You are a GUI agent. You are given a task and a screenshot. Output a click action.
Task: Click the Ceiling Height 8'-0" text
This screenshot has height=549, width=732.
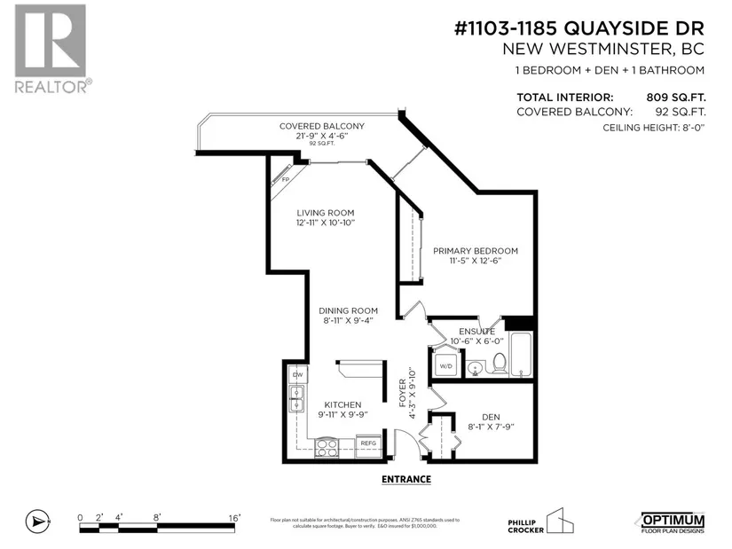click(x=652, y=128)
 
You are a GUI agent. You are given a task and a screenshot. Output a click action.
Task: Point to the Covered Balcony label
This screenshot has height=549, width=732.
click(x=322, y=126)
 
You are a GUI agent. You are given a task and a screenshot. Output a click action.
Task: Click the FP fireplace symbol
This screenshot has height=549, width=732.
click(x=286, y=179)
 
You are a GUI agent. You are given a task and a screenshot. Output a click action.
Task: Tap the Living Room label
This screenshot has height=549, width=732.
click(x=326, y=213)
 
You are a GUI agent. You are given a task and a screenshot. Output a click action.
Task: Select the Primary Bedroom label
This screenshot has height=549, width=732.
click(x=476, y=251)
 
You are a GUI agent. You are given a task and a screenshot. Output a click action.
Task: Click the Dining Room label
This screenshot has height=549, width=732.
click(x=349, y=310)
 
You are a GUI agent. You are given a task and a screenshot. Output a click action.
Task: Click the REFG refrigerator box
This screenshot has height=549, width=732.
click(x=367, y=443)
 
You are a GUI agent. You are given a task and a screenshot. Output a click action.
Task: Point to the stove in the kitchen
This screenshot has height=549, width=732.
click(x=327, y=444)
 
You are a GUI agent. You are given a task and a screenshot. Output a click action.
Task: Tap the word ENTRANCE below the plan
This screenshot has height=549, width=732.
click(x=405, y=480)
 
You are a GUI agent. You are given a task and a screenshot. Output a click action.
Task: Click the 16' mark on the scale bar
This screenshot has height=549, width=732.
click(x=235, y=515)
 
